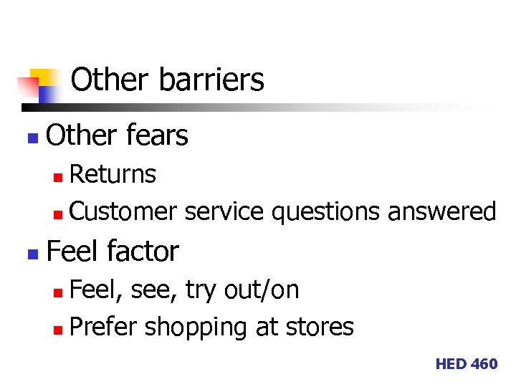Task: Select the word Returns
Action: click(113, 173)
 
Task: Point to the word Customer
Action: click(124, 211)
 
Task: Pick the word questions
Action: click(325, 212)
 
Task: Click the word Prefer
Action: click(104, 327)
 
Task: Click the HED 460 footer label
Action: click(466, 364)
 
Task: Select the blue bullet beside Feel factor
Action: click(30, 253)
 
